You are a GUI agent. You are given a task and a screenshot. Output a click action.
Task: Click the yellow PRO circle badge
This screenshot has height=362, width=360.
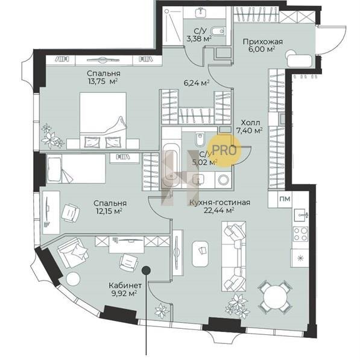point(224,150)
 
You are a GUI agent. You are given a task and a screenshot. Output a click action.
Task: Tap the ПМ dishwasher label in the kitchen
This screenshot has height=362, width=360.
point(285,198)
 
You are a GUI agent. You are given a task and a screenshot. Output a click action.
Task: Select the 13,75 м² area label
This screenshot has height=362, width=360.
point(103,81)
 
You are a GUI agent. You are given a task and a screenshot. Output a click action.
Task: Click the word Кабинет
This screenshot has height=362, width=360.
point(125,285)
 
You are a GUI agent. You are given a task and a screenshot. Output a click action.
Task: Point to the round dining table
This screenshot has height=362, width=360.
point(274,297)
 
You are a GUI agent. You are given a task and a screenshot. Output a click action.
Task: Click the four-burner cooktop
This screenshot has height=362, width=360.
point(300,234)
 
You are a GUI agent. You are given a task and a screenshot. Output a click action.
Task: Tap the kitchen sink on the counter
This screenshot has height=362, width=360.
point(301,215)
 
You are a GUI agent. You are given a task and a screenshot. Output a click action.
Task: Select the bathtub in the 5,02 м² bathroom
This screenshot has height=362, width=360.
point(171,165)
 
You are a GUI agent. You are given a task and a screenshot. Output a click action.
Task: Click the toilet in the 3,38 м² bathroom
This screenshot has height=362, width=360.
point(218,31)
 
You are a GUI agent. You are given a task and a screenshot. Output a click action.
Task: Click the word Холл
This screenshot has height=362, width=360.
point(250,122)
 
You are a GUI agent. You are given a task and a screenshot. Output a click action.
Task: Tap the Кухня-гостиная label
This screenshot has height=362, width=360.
point(219,203)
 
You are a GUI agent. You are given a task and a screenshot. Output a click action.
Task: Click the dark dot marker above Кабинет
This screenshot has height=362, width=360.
point(146,270)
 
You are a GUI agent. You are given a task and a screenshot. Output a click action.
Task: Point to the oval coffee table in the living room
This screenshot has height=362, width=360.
point(200,254)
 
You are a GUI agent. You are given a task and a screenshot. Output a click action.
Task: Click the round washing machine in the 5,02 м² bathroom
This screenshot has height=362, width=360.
point(223,180)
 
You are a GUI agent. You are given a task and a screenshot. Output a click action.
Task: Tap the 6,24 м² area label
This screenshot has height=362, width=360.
point(197,83)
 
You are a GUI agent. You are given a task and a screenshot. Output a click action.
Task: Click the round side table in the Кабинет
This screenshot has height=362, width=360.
point(73,279)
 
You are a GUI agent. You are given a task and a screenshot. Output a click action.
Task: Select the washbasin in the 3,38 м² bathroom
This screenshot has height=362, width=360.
point(201,12)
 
